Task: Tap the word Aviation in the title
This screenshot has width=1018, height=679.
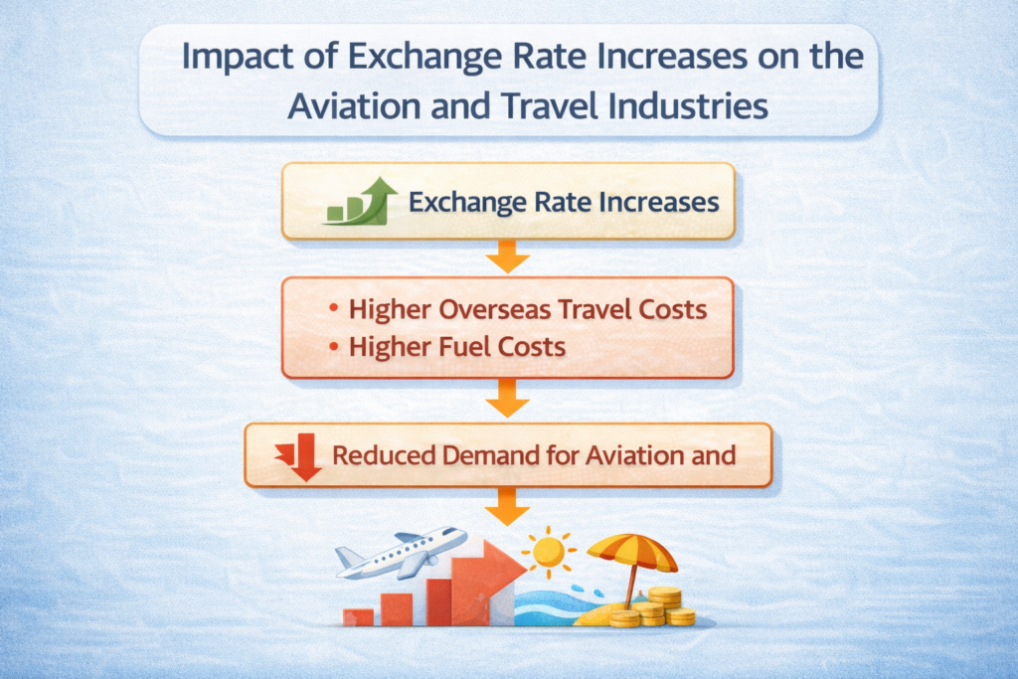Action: (x=355, y=105)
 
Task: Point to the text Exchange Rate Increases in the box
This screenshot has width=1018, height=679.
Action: (x=564, y=202)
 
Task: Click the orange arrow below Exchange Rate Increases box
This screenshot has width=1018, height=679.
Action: (x=508, y=256)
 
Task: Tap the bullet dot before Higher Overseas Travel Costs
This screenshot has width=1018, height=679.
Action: (x=333, y=308)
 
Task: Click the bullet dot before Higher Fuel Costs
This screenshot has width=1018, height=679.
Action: (x=333, y=347)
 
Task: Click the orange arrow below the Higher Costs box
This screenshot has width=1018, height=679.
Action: (x=508, y=398)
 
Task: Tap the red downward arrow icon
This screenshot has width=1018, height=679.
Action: (x=298, y=457)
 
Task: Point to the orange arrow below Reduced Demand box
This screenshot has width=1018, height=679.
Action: (x=508, y=506)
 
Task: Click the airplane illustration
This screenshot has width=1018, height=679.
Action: (x=401, y=553)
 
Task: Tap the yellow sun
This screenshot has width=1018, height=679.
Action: (x=549, y=552)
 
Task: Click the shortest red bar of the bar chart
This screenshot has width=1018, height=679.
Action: (x=358, y=617)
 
